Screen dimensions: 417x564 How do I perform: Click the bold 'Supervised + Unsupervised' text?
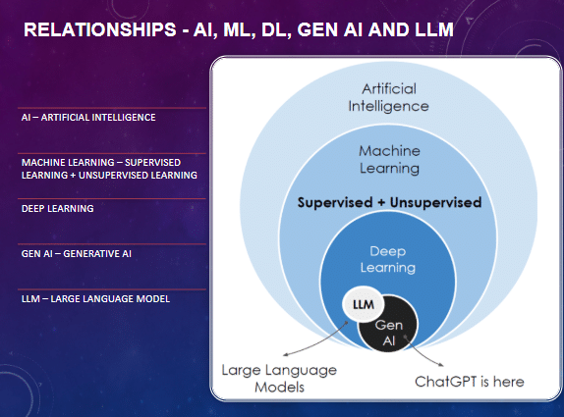pyautogui.click(x=389, y=203)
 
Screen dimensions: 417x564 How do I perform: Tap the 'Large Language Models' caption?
pyautogui.click(x=278, y=378)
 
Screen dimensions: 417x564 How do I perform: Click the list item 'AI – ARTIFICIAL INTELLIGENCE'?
pyautogui.click(x=88, y=118)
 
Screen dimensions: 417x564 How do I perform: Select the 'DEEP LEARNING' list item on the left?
pyautogui.click(x=57, y=208)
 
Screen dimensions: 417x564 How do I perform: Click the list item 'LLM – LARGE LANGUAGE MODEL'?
pyautogui.click(x=95, y=297)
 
